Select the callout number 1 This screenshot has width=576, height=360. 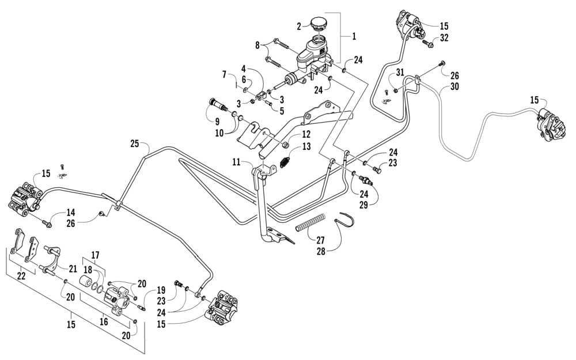coord(354,36)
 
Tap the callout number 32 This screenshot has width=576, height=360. coord(444,39)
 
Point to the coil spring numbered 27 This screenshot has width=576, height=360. coord(311,224)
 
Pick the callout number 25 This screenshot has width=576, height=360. coord(135,143)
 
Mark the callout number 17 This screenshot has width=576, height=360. coord(95,254)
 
